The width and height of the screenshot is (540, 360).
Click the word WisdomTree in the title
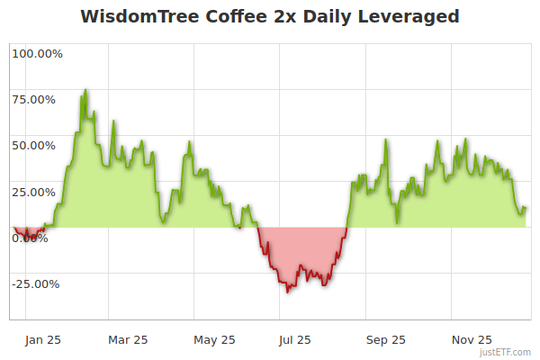(x=133, y=17)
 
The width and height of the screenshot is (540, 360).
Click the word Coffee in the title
(x=225, y=17)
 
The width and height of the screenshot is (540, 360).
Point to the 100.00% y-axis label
(x=38, y=54)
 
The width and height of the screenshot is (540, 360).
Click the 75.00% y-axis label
(x=38, y=100)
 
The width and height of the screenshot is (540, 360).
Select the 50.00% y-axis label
(x=38, y=146)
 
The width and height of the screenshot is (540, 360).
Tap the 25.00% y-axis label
(x=38, y=192)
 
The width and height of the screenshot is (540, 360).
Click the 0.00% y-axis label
(x=31, y=238)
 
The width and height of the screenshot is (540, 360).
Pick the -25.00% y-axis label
(x=36, y=284)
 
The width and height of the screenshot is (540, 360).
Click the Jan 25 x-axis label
(x=42, y=340)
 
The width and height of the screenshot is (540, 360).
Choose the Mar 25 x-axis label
(x=128, y=340)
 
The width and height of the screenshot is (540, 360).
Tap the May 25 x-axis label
(x=214, y=340)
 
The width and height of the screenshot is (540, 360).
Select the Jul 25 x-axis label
(x=295, y=340)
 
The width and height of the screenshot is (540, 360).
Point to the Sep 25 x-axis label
(x=385, y=340)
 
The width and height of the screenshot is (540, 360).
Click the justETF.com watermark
(x=507, y=352)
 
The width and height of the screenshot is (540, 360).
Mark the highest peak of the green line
(x=85, y=90)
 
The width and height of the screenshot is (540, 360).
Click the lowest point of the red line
(x=287, y=292)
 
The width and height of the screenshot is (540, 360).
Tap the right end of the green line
(x=526, y=209)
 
